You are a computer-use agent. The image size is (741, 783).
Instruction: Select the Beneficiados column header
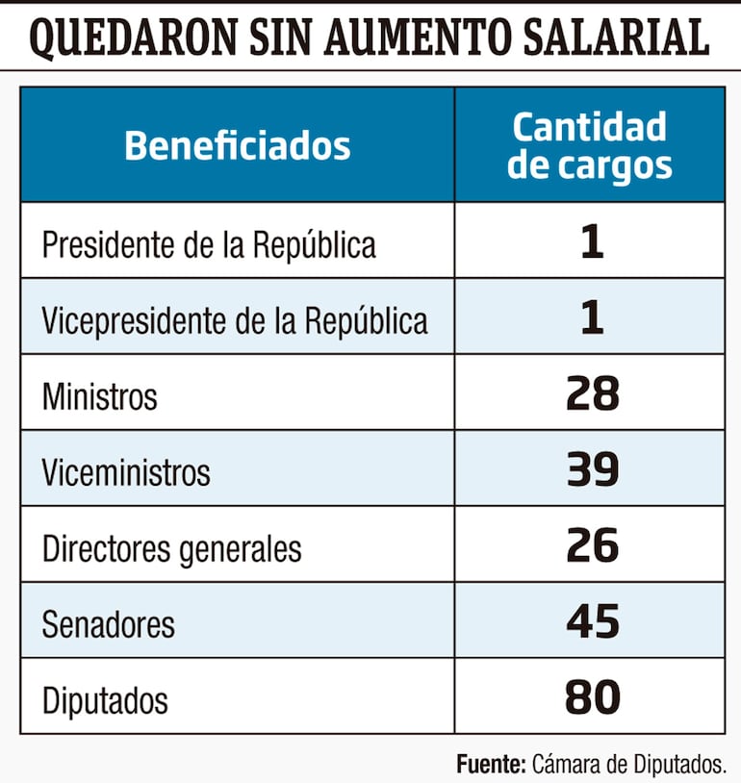pos(237,146)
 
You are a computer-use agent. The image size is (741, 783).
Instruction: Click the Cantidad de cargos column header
pos(589,145)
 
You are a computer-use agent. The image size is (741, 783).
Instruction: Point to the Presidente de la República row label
pos(209,244)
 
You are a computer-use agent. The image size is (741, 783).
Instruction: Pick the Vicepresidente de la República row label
pos(234,320)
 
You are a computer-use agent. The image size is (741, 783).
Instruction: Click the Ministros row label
pos(99,396)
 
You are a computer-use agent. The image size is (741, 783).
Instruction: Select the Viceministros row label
pos(125,472)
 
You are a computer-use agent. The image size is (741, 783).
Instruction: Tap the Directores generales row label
pos(171,548)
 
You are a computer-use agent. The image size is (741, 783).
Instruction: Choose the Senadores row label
pos(108,624)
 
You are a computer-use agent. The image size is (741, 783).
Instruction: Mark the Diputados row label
pos(104,700)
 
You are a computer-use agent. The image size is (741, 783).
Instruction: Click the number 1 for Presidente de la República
pos(592,242)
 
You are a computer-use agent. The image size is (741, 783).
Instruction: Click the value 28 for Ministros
pos(592,394)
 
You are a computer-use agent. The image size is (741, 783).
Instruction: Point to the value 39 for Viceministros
pos(592,470)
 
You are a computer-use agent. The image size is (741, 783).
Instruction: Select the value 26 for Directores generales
pos(592,546)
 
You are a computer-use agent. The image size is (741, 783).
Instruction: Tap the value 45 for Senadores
pos(592,622)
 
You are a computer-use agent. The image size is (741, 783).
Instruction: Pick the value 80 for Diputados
pos(592,698)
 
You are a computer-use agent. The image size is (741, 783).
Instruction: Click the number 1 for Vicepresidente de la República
pos(592,318)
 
